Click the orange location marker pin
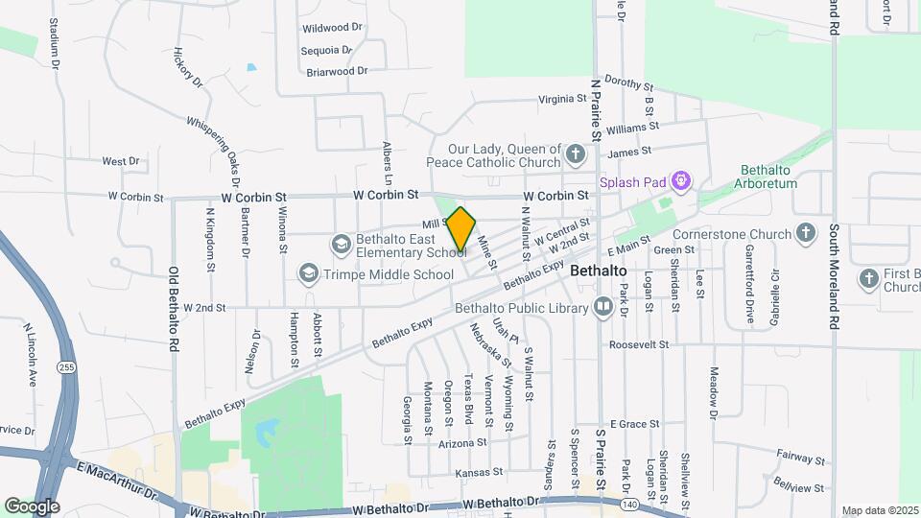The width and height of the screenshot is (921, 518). click(461, 230)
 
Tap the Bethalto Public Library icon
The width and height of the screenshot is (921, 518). click(603, 308)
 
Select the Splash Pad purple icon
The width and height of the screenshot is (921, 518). click(682, 179)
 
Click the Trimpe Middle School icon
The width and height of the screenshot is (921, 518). click(308, 274)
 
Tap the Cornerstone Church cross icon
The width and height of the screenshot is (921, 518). click(807, 233)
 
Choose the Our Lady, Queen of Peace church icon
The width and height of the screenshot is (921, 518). click(575, 154)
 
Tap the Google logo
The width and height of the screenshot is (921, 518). click(32, 506)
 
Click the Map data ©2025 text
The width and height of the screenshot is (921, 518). click(879, 510)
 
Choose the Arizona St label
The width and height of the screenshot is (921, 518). click(462, 443)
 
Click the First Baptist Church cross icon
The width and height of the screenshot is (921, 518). click(869, 278)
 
